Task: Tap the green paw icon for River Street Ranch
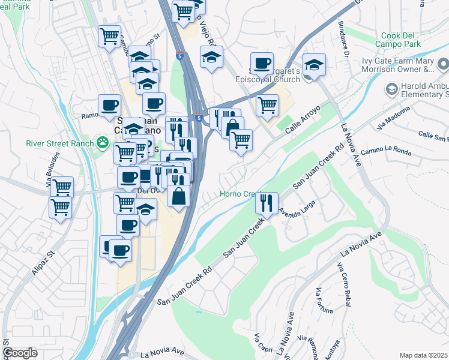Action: pyautogui.click(x=103, y=143)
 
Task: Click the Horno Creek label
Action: pyautogui.click(x=238, y=194)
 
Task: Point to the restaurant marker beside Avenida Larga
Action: pyautogui.click(x=267, y=203)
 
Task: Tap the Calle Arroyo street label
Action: pyautogui.click(x=303, y=120)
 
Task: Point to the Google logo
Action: pyautogui.click(x=20, y=353)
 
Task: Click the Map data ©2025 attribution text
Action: pyautogui.click(x=424, y=355)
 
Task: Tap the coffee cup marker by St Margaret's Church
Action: pyautogui.click(x=261, y=63)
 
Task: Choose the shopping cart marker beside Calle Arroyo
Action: pyautogui.click(x=267, y=105)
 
